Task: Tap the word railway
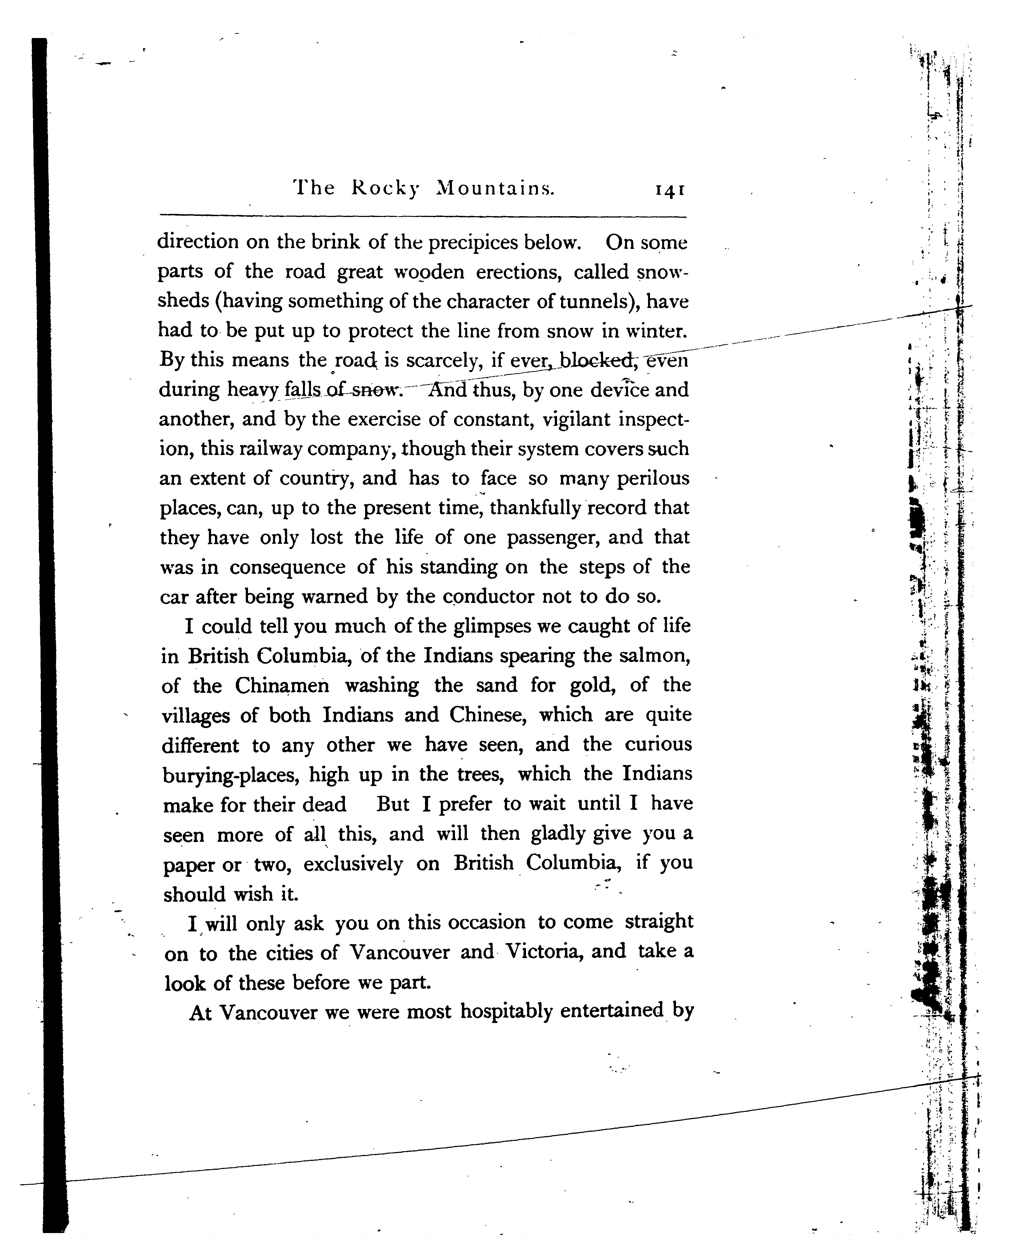tap(269, 449)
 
